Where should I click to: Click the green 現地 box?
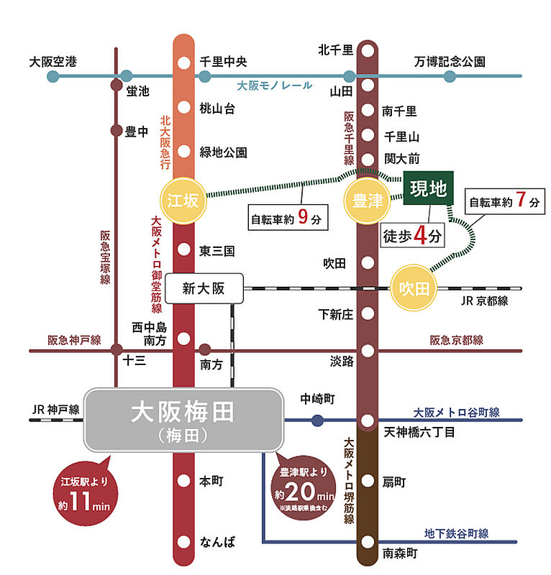[x=429, y=189]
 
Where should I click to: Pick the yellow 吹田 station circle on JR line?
[x=414, y=288]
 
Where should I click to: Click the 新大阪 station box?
[x=204, y=288]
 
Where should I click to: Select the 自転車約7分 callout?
[x=504, y=203]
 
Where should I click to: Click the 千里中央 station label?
[x=223, y=62]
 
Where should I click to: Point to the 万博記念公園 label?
[x=450, y=62]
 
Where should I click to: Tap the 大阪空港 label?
[x=52, y=62]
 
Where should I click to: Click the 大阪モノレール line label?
[x=275, y=86]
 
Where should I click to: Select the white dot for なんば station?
[x=185, y=542]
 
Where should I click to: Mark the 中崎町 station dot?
[x=317, y=420]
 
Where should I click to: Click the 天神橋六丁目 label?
[x=419, y=433]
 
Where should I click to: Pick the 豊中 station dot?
[x=116, y=131]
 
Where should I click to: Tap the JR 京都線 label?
[x=485, y=301]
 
